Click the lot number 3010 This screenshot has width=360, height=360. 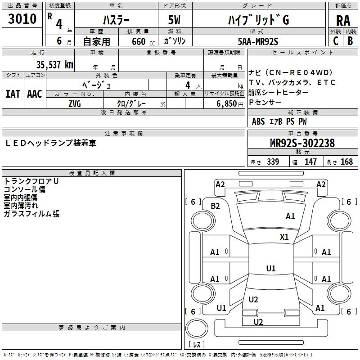(x=22, y=19)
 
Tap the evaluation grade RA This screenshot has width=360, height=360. (x=343, y=21)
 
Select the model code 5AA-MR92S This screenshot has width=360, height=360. (x=258, y=41)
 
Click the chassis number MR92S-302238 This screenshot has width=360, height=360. (x=302, y=144)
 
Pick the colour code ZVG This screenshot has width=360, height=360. (x=75, y=103)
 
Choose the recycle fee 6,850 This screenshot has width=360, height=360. (x=224, y=103)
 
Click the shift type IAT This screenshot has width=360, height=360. (x=13, y=94)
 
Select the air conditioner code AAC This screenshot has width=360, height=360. (x=35, y=94)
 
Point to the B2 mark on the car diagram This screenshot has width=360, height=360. (x=216, y=206)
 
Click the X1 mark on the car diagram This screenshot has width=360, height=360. (x=284, y=237)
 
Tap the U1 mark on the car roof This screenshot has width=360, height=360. (x=271, y=269)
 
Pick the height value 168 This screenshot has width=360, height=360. (x=346, y=162)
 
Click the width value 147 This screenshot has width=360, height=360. (x=310, y=162)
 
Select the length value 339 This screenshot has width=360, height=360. (x=273, y=162)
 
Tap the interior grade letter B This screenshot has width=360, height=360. (x=350, y=41)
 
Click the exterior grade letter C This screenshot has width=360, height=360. (x=336, y=41)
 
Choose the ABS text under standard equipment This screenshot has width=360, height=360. (x=258, y=121)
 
